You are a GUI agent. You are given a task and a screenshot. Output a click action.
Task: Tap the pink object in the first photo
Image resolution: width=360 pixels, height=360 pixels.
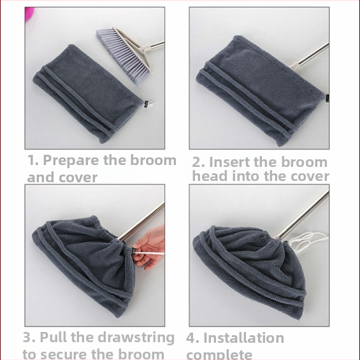[x=29, y=13]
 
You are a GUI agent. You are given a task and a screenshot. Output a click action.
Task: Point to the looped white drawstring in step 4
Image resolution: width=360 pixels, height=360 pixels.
[x=306, y=241]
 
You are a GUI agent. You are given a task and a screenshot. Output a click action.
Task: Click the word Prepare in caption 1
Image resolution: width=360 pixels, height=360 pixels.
[x=71, y=161]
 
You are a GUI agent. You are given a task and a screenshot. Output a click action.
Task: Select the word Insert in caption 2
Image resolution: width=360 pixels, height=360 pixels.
[x=230, y=162]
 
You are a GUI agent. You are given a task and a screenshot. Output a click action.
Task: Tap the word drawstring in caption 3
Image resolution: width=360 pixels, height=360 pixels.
[x=136, y=338]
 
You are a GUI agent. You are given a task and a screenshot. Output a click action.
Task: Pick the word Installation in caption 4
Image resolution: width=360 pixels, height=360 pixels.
[x=243, y=338]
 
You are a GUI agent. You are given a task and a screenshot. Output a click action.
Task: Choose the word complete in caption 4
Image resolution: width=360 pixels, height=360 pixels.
[x=219, y=355]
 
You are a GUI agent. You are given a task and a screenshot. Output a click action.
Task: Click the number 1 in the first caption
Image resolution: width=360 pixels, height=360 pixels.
[x=32, y=160]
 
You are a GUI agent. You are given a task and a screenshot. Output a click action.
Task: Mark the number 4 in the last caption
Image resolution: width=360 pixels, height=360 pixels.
[x=191, y=338]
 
